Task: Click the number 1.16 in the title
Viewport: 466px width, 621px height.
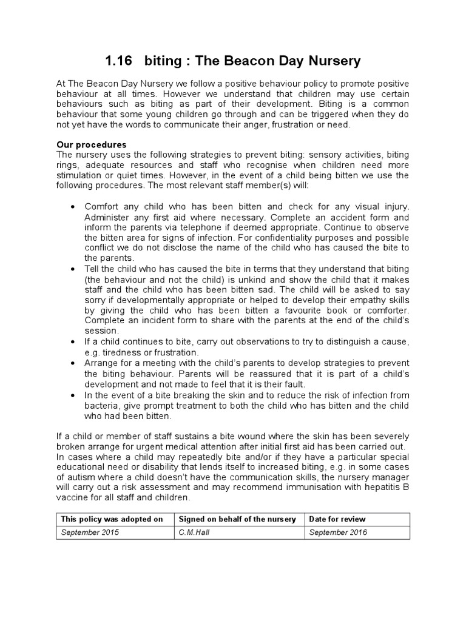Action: (118, 61)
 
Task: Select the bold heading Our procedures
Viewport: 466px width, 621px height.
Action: (92, 145)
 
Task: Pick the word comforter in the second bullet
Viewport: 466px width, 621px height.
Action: (386, 310)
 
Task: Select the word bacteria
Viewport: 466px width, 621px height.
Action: (103, 405)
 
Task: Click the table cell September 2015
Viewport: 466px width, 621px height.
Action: (90, 532)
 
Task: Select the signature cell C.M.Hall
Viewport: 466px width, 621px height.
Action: (194, 532)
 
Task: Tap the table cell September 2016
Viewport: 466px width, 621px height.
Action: (338, 532)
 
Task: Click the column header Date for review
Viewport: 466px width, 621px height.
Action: (337, 519)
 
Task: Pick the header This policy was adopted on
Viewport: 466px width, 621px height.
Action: (111, 519)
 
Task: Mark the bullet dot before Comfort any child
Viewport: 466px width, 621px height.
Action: (73, 207)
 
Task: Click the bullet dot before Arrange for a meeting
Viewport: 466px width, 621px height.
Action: (73, 363)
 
